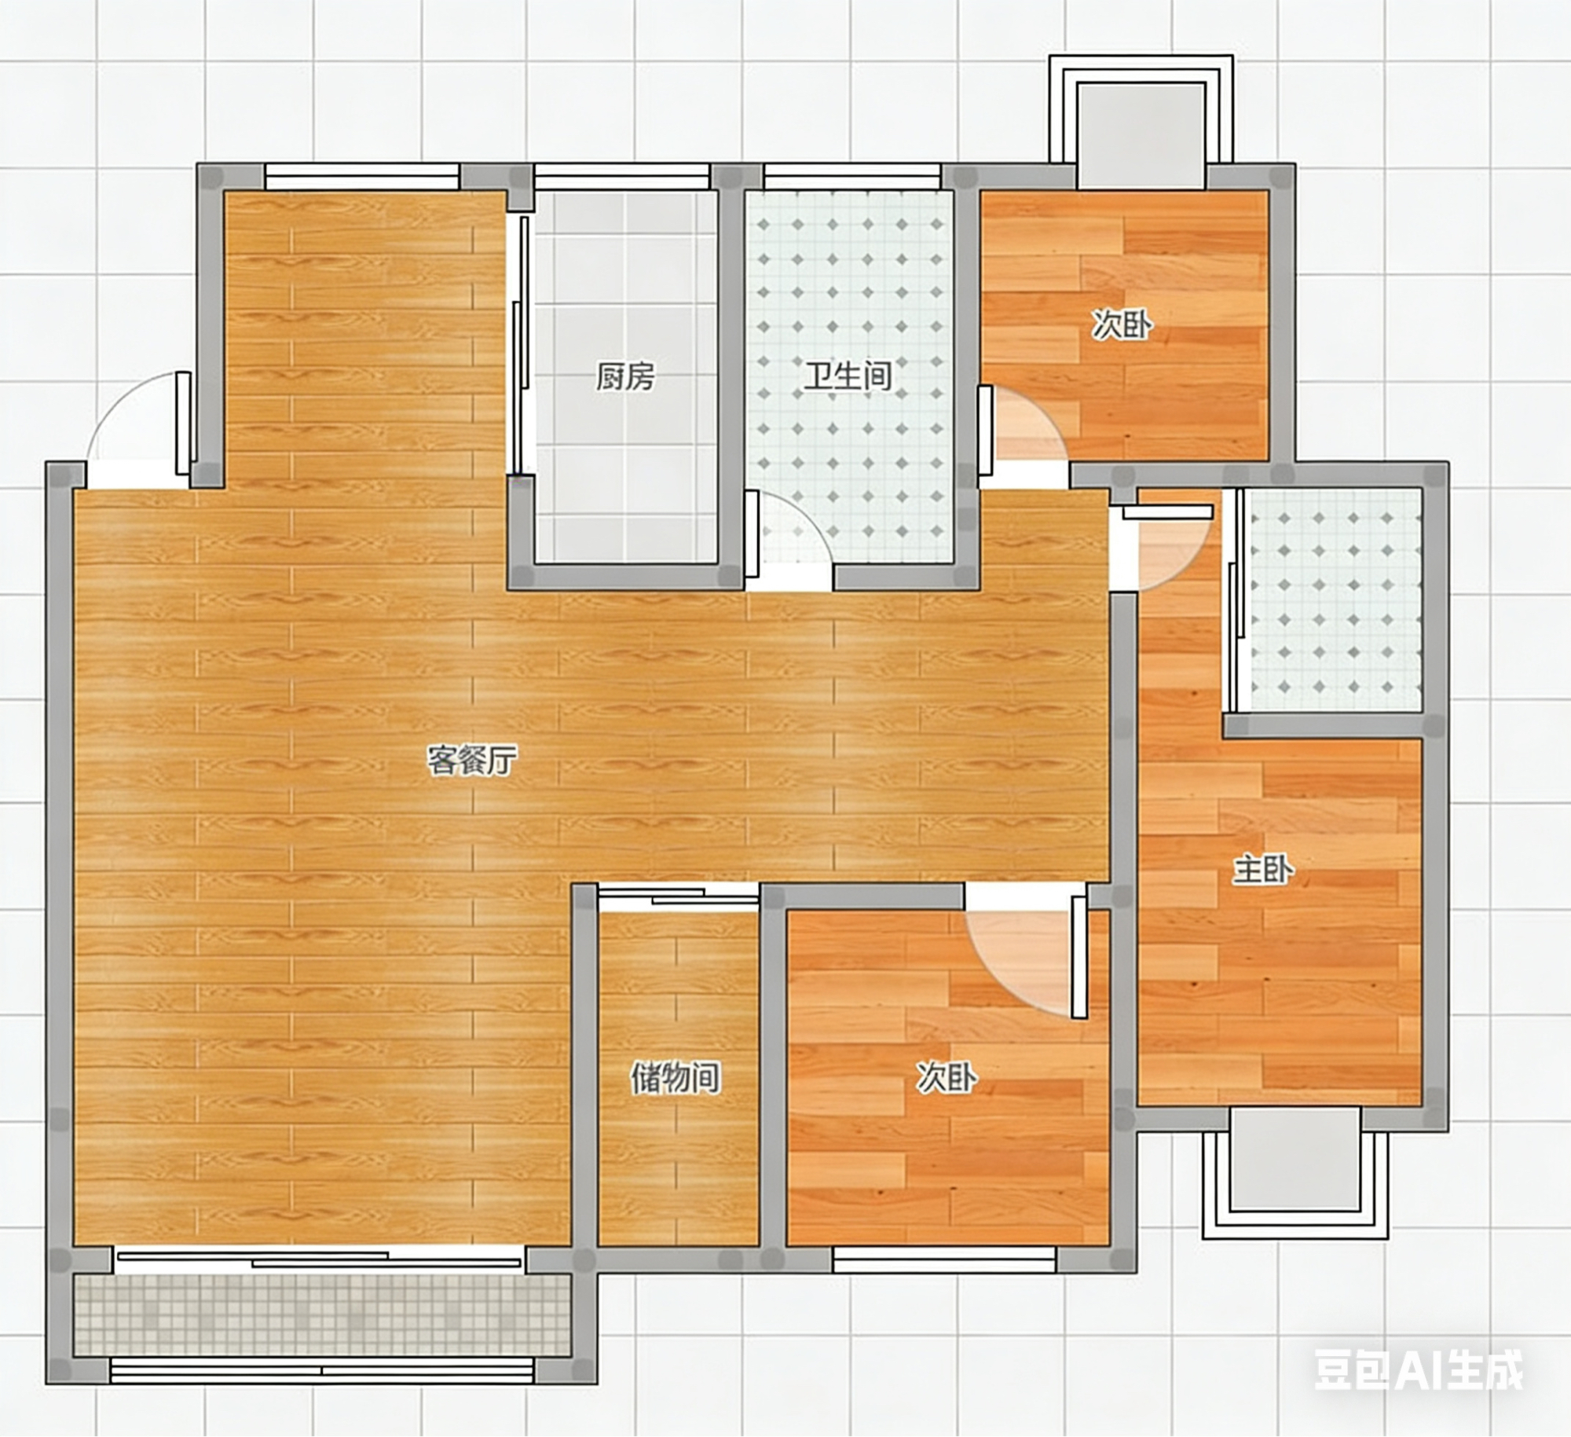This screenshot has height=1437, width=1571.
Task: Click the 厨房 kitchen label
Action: [x=625, y=377]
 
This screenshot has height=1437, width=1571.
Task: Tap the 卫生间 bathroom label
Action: [x=848, y=376]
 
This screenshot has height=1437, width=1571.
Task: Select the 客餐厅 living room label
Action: [x=472, y=760]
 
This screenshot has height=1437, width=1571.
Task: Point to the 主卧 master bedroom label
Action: [x=1264, y=870]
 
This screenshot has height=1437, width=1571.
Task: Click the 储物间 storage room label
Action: [x=676, y=1078]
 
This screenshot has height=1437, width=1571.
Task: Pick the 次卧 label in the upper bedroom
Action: [x=1122, y=324]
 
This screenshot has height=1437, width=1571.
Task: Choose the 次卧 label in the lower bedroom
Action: [x=947, y=1078]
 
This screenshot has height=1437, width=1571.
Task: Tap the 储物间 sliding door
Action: [x=678, y=896]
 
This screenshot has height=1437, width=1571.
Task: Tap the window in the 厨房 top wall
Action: [x=622, y=176]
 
